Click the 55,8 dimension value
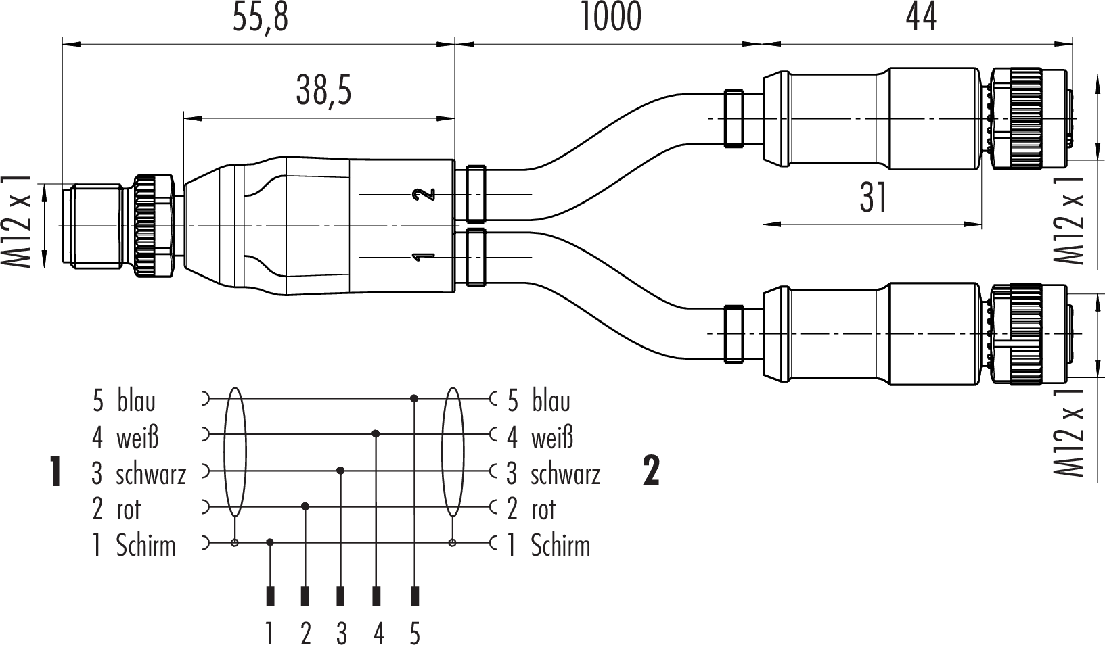(260, 18)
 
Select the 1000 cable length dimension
(610, 18)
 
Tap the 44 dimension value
(921, 18)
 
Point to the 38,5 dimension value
(323, 91)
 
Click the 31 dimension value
(873, 197)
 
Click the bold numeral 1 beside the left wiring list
(55, 472)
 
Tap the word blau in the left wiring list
(136, 401)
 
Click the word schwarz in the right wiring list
(565, 474)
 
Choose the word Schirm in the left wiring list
(145, 546)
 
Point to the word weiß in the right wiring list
(552, 437)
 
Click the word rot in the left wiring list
(129, 510)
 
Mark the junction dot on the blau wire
(414, 399)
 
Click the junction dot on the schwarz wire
(341, 470)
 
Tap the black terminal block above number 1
(270, 596)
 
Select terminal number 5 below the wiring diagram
(414, 634)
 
